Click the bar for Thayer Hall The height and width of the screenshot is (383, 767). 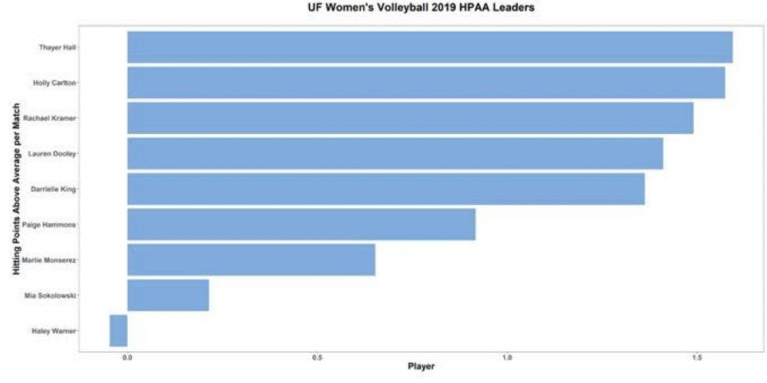[x=430, y=47]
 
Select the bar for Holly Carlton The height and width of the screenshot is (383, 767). [x=426, y=83]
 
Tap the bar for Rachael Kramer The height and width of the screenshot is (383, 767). [x=410, y=118]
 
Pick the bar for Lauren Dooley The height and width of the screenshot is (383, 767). [x=395, y=153]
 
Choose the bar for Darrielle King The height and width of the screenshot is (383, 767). [x=386, y=188]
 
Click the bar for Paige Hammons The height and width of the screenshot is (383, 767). [x=301, y=224]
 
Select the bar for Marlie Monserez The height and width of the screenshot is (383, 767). [x=252, y=260]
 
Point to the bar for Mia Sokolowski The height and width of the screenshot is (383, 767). [x=168, y=295]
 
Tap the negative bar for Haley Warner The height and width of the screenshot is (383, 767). [x=118, y=331]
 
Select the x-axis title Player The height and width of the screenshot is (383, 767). [x=421, y=367]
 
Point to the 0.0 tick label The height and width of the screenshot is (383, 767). [x=127, y=356]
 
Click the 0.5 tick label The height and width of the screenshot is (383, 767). [x=317, y=356]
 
